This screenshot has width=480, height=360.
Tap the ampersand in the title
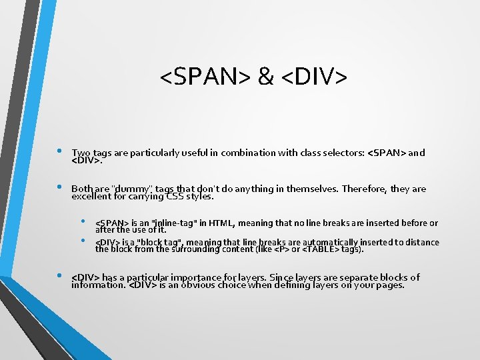[x=265, y=77]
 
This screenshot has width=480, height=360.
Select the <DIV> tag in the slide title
[x=314, y=77]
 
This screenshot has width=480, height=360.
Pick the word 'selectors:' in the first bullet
[x=341, y=153]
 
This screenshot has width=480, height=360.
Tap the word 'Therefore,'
[x=364, y=189]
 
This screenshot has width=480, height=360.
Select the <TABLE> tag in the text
[x=320, y=249]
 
